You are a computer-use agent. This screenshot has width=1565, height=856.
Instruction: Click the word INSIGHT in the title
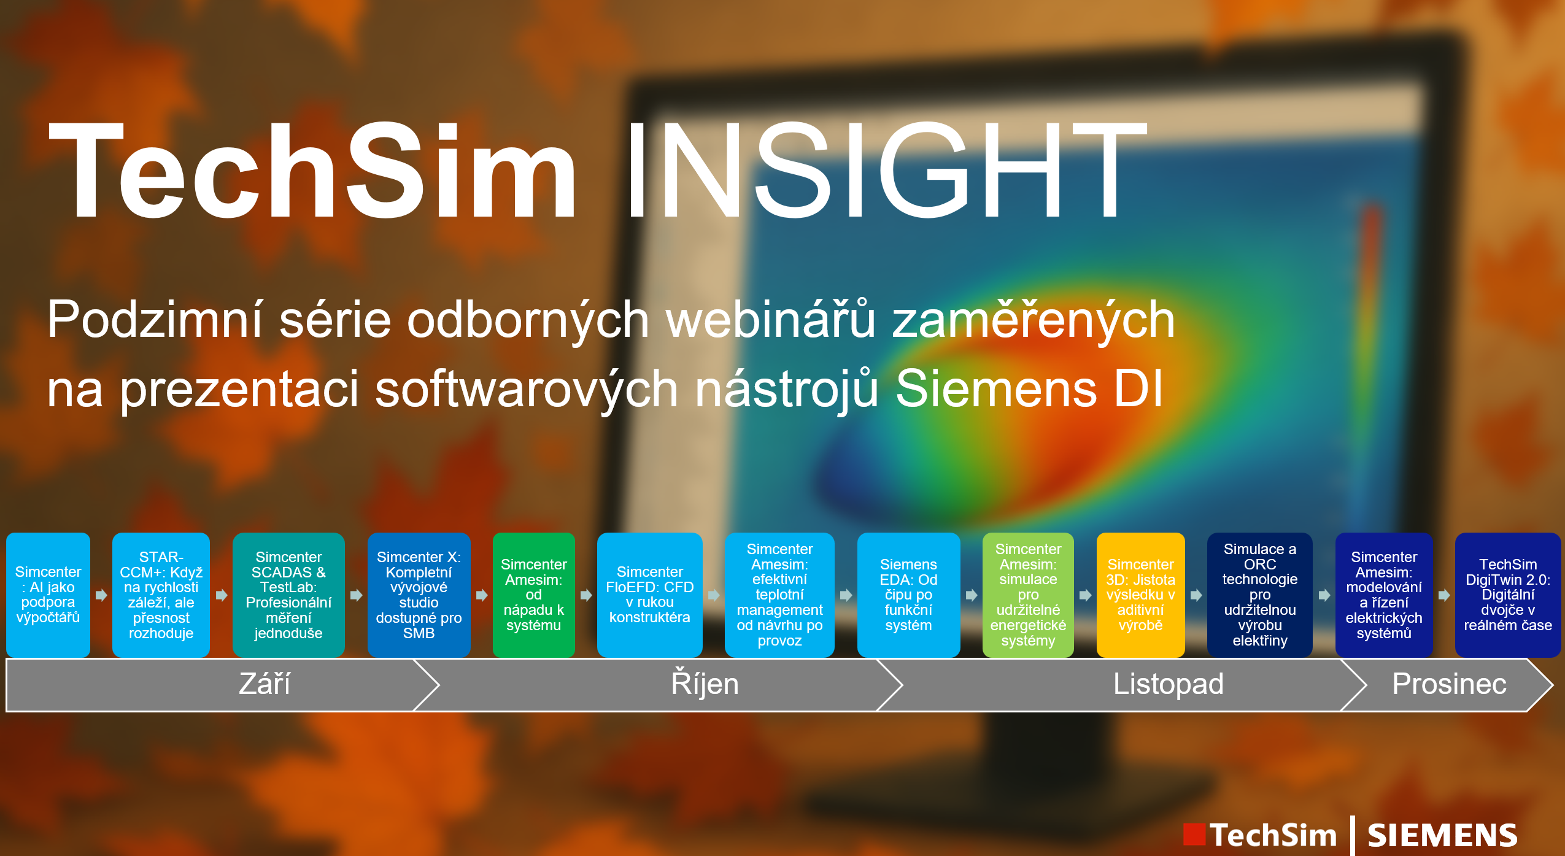[x=886, y=170]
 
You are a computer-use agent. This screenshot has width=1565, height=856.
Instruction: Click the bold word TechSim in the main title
[x=312, y=170]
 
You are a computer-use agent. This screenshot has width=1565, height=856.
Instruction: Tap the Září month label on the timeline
[x=265, y=684]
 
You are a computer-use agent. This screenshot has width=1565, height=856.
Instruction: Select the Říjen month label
[x=705, y=684]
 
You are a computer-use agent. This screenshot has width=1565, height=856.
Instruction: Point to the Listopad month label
[x=1169, y=684]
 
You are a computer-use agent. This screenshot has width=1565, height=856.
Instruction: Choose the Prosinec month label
[x=1449, y=684]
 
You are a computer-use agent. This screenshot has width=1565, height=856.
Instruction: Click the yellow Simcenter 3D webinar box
[x=1140, y=595]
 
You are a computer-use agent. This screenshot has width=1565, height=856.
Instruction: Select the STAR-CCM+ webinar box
[x=161, y=595]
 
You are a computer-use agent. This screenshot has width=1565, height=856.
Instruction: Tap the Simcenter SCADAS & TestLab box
[x=288, y=595]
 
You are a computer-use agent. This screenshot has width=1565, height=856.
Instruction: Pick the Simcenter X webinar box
[x=419, y=595]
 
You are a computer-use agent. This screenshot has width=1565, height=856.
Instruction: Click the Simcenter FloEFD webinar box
[x=649, y=595]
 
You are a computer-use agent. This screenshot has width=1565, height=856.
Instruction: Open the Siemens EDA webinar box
[x=908, y=595]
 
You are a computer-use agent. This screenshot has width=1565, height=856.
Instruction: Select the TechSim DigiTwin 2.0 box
[x=1508, y=595]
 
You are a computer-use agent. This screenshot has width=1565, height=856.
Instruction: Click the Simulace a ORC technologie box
[x=1259, y=595]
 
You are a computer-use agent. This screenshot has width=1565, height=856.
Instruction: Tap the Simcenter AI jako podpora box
[x=48, y=595]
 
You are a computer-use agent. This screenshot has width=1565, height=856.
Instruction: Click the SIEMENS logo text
[x=1442, y=836]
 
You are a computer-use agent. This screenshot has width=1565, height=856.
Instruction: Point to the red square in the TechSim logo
[x=1194, y=835]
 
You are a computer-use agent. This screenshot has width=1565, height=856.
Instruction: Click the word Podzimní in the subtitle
[x=155, y=319]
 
